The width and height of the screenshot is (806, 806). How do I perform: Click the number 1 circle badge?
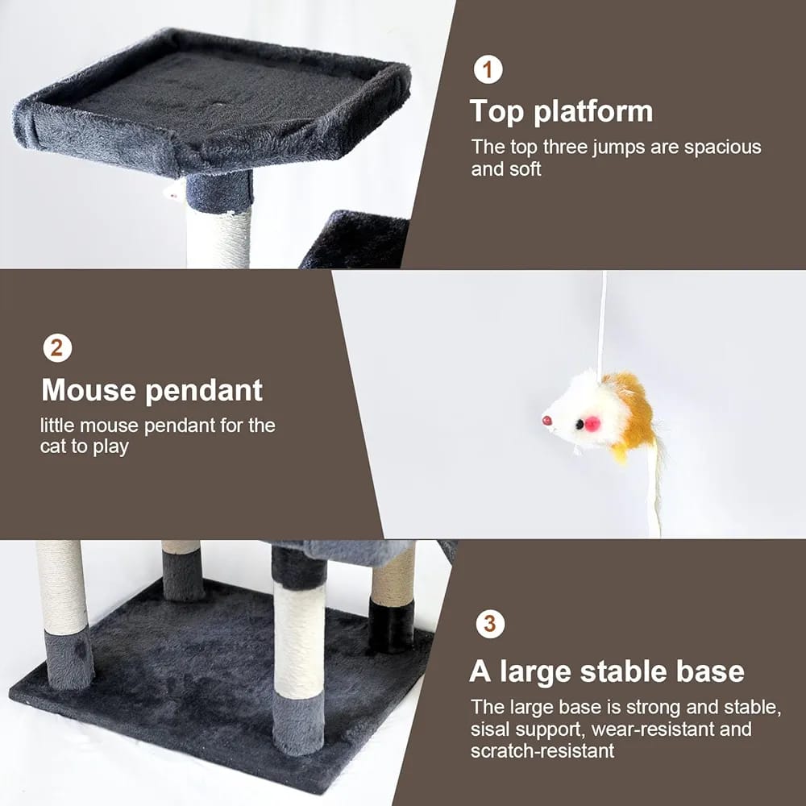coord(488,69)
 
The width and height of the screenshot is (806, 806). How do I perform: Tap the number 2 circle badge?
coord(57,348)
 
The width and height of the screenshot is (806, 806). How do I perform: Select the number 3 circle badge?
coord(490,624)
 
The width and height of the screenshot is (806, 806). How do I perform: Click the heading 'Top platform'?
coord(561,112)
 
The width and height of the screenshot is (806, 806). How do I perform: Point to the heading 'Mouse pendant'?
coord(152,391)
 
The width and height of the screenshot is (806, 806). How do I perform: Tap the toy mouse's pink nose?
coord(546,421)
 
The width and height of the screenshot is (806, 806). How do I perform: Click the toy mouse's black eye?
coord(580,424)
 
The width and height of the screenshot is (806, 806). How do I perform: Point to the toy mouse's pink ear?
coord(592,423)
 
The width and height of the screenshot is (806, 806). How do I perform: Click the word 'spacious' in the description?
coord(722,147)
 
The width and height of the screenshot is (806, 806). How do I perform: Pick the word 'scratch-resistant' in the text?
coord(542,750)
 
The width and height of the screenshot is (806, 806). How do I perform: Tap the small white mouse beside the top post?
coord(174,191)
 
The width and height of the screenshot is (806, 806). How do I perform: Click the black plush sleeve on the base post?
coord(391,625)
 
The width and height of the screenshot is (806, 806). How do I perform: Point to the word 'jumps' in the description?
coord(618,148)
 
